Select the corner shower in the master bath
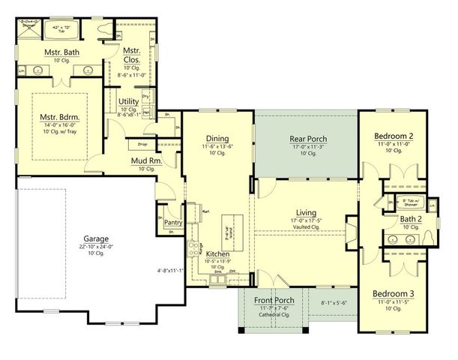(x=29, y=30)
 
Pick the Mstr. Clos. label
(x=143, y=56)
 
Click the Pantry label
(x=173, y=223)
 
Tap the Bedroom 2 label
(x=394, y=136)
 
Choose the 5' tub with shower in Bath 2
(x=409, y=202)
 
